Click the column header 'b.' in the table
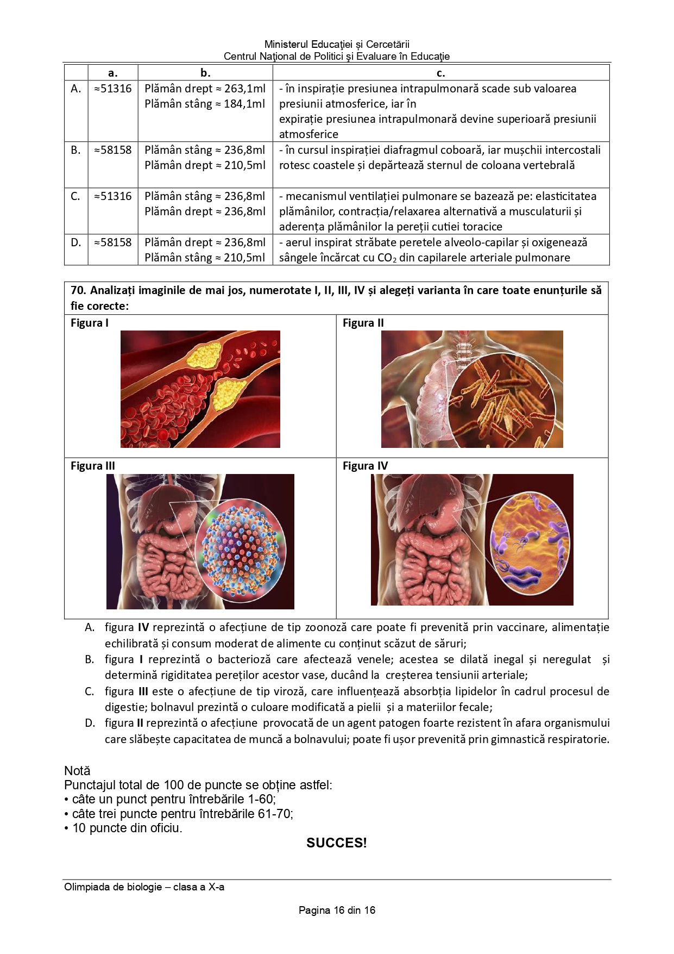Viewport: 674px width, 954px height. [205, 73]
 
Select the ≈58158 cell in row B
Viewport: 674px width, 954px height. [113, 150]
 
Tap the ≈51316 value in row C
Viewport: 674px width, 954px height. [113, 196]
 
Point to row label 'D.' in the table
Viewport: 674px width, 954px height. [76, 242]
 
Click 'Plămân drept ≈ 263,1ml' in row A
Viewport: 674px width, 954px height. [205, 89]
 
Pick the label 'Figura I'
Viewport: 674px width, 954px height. [90, 323]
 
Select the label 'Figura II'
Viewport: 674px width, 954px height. [363, 323]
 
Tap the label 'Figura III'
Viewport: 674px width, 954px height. [93, 466]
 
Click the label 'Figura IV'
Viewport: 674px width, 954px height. [366, 466]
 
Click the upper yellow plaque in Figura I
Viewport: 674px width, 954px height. [204, 356]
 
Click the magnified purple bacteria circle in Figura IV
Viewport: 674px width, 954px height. [530, 541]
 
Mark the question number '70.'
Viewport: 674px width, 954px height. [79, 290]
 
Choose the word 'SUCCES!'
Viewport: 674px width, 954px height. [337, 843]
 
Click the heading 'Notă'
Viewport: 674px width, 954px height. [77, 771]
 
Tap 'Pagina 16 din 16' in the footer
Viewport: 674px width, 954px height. [337, 910]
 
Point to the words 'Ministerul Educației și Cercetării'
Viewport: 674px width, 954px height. [337, 45]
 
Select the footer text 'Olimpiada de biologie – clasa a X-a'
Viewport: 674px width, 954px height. [144, 887]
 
